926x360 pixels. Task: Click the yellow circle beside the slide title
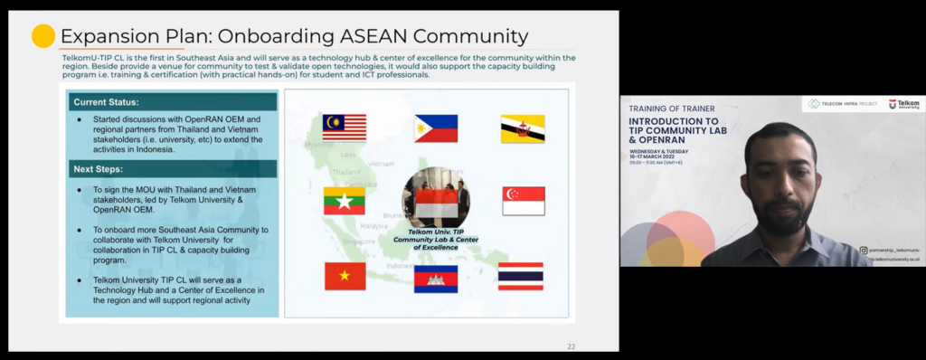43,36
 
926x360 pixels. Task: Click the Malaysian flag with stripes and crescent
345,128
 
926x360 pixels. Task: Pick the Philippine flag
436,128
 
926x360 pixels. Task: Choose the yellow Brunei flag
523,128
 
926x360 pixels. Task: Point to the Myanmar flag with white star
345,201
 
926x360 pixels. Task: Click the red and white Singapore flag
524,201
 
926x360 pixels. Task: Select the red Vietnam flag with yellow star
345,275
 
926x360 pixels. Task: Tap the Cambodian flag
436,279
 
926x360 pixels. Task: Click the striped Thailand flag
521,276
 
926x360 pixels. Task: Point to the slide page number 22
571,346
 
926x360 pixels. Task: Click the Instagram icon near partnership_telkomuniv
864,250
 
